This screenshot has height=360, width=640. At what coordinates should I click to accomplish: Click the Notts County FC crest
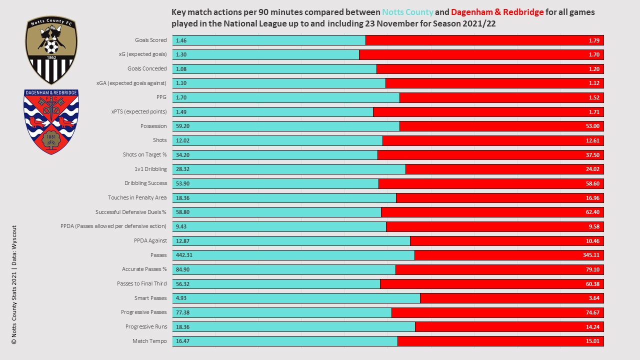click(51, 50)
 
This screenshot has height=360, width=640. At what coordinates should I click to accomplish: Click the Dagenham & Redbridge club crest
click(51, 122)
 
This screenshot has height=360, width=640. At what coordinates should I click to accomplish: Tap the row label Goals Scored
click(150, 40)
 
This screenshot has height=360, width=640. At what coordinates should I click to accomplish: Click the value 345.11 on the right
click(591, 255)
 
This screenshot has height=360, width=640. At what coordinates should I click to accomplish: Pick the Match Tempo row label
click(149, 341)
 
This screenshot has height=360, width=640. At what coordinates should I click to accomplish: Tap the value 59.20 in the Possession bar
click(183, 126)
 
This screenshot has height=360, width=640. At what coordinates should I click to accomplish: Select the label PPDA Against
click(150, 240)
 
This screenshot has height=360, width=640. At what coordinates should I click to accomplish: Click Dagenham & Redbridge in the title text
click(496, 12)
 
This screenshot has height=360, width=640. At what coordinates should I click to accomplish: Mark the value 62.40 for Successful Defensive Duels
click(592, 212)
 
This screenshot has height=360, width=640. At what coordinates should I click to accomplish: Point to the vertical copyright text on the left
click(14, 284)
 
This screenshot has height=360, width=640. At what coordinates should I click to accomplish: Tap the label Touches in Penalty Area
click(137, 197)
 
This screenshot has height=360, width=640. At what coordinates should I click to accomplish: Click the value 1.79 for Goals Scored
click(594, 40)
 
